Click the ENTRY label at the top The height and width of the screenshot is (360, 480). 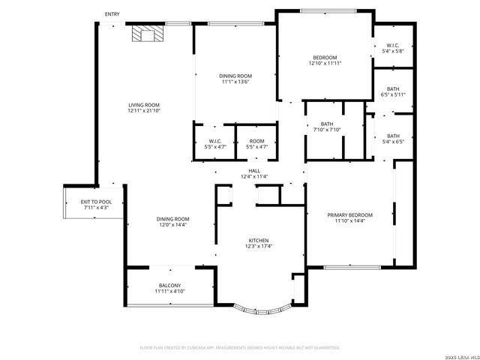112,14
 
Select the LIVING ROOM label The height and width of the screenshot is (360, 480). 144,105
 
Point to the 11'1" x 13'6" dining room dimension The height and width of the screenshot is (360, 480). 235,82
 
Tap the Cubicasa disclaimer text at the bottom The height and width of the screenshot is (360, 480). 240,348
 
